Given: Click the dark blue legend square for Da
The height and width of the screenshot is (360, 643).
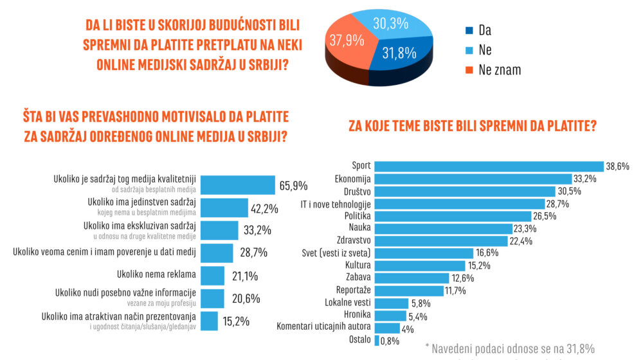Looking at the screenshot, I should coord(468,30).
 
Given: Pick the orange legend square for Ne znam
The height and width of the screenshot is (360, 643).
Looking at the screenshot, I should coord(468,70).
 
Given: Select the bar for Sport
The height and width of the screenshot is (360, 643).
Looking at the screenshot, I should coord(489,166).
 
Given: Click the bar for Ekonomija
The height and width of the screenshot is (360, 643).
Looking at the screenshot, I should coord(473,179).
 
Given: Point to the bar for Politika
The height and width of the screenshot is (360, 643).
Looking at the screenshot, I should coord(453,216).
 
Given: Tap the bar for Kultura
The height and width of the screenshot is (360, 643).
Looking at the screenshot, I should coord(419,265).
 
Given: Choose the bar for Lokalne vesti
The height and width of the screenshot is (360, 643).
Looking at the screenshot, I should coord(391,303).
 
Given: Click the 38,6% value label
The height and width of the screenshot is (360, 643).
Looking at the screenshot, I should coord(619,166).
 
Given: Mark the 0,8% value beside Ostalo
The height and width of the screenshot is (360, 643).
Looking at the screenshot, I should coord(390,340).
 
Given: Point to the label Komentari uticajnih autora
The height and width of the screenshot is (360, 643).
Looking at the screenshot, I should coord(323,327).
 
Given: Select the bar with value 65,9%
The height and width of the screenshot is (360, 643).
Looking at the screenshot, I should coord(237,184).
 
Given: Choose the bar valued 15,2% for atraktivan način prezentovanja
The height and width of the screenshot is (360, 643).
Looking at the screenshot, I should coord(210,320).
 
